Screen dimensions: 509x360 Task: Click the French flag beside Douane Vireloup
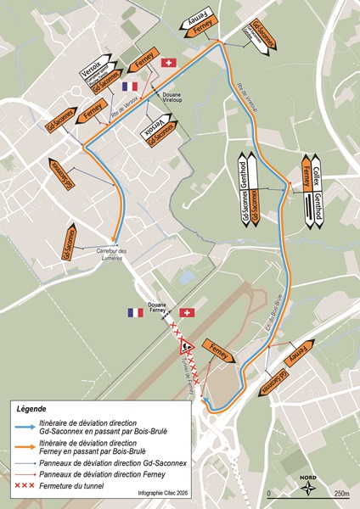(130, 87)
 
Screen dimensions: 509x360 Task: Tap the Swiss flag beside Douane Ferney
(188, 313)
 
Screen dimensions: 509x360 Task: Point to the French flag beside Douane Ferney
(136, 312)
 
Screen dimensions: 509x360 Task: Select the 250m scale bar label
(340, 493)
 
